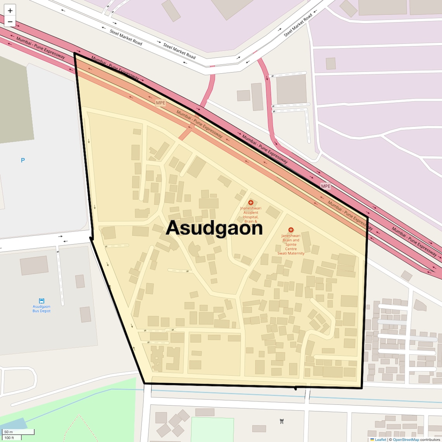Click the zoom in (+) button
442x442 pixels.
[10, 10]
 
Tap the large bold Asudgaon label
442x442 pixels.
[214, 228]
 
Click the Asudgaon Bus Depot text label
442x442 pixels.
[41, 309]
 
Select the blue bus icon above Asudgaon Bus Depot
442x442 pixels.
[41, 301]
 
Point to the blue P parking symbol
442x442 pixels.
[23, 160]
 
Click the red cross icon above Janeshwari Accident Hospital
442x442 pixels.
[251, 202]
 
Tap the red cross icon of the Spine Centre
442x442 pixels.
[291, 230]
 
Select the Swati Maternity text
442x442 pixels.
[291, 253]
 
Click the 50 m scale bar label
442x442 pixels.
[9, 432]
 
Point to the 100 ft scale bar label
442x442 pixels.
[9, 438]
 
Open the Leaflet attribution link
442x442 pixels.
[380, 440]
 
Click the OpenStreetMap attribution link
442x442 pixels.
[406, 440]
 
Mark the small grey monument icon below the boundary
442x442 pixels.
[282, 421]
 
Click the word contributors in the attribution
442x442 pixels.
[430, 440]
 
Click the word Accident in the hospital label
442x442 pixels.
[251, 212]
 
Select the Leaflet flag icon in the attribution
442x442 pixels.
[372, 440]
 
